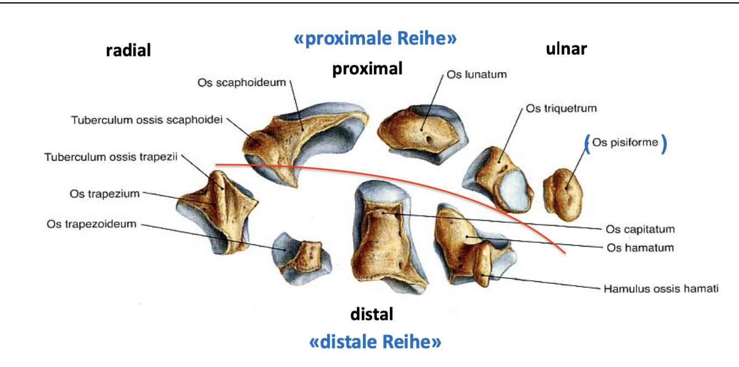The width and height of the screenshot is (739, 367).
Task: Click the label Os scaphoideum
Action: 242,83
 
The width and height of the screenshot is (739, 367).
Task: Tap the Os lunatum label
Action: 476,74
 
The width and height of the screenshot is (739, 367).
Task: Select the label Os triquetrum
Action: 561,109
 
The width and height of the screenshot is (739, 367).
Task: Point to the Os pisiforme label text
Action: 625,142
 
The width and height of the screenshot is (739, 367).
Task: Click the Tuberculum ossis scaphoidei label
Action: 147,120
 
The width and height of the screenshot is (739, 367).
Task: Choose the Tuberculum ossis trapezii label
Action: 111,157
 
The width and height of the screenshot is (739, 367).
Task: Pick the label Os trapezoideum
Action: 91,224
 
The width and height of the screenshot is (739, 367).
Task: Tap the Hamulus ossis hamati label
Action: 660,289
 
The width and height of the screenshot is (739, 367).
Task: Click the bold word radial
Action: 129,50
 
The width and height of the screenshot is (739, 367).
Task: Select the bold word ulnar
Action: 566,49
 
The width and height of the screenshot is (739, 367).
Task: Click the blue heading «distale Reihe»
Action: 375,341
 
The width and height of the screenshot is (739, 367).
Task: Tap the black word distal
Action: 372,314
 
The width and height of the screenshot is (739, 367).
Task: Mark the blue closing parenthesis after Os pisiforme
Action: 664,143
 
